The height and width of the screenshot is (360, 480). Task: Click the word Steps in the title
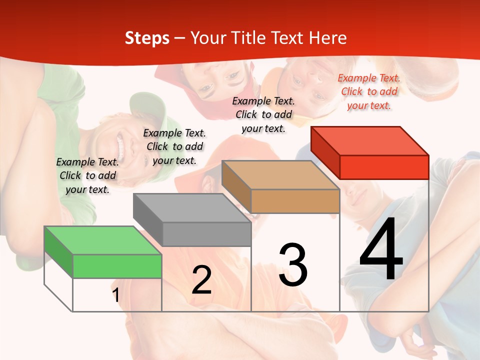click(146, 38)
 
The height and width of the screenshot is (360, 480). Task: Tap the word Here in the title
click(328, 38)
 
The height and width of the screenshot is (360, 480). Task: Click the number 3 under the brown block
click(293, 265)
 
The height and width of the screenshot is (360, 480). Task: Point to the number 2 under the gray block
click(201, 280)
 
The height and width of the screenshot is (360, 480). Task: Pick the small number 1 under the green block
click(116, 295)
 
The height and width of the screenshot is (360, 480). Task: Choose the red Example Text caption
click(369, 91)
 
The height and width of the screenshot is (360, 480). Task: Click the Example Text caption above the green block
click(87, 175)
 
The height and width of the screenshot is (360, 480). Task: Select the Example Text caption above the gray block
click(174, 146)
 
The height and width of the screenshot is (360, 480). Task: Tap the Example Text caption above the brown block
click(263, 114)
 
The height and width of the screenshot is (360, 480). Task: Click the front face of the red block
click(384, 167)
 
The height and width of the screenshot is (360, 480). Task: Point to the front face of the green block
click(117, 266)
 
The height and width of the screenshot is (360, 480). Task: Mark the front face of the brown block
click(295, 201)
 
